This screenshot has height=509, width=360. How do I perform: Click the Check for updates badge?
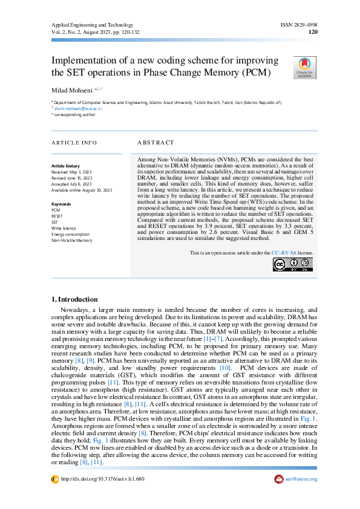pyautogui.click(x=304, y=67)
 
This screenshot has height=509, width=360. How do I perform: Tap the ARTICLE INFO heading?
pyautogui.click(x=74, y=143)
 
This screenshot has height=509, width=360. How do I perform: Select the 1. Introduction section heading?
pyautogui.click(x=74, y=299)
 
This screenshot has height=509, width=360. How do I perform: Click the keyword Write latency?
pyautogui.click(x=64, y=228)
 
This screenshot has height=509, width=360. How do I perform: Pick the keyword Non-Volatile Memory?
pyautogui.click(x=72, y=240)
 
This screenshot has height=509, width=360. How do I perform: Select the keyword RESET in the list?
pyautogui.click(x=57, y=216)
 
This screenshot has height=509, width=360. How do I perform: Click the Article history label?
pyautogui.click(x=65, y=166)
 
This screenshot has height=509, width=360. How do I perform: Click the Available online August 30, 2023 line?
pyautogui.click(x=82, y=190)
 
